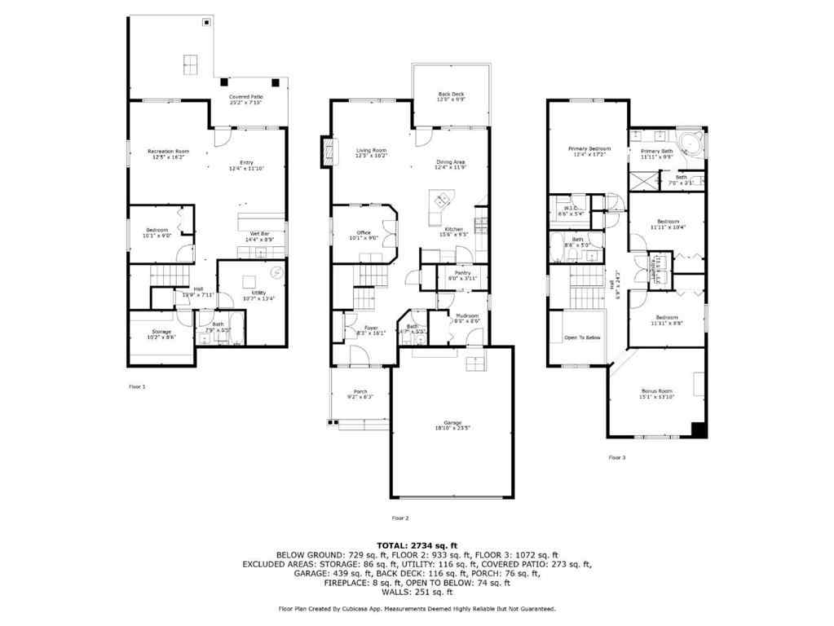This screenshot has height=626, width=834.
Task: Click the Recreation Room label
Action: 169,152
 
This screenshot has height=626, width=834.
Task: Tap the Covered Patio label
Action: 245,99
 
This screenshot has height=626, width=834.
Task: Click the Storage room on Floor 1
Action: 160,334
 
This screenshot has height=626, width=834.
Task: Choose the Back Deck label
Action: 451,97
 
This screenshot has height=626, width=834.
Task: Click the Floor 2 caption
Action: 400,518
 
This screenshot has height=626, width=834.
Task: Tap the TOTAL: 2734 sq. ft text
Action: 417,544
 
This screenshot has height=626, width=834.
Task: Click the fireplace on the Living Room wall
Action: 329,150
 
